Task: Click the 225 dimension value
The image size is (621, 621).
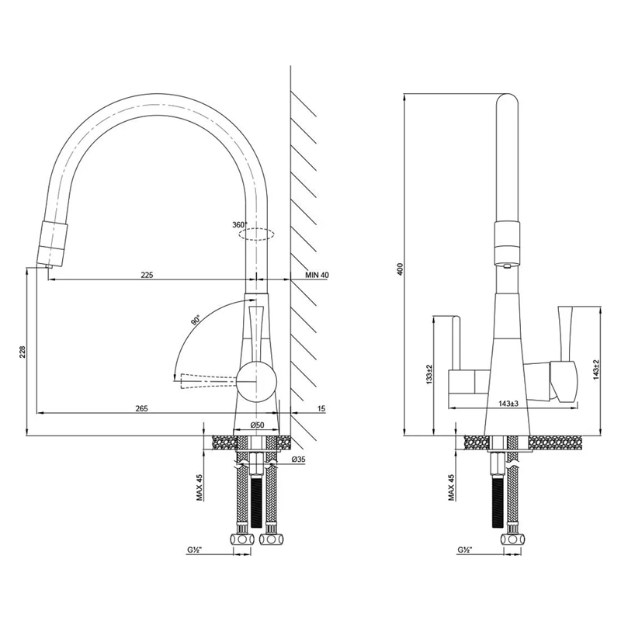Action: pos(147,275)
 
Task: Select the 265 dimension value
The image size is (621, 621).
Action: pos(141,408)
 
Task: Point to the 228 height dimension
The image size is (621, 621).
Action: pos(23,352)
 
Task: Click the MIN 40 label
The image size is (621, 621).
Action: pos(317,275)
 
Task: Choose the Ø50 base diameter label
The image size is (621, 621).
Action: pos(258,425)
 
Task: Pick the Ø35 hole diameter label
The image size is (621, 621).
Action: pos(298,460)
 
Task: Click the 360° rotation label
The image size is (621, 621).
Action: pos(240,224)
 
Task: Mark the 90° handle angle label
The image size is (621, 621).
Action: pos(196,320)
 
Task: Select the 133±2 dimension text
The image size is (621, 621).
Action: pos(429,374)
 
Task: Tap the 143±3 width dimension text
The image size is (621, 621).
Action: pos(508,404)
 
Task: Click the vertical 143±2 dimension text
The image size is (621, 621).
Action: pos(596,370)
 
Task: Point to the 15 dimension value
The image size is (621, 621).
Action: pos(321,408)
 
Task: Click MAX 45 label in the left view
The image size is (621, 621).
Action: pos(200,487)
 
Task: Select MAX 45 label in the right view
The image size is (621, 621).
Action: pos(452,487)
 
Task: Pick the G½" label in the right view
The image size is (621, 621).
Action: pos(464,550)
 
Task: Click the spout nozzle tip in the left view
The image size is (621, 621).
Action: pos(48,266)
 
